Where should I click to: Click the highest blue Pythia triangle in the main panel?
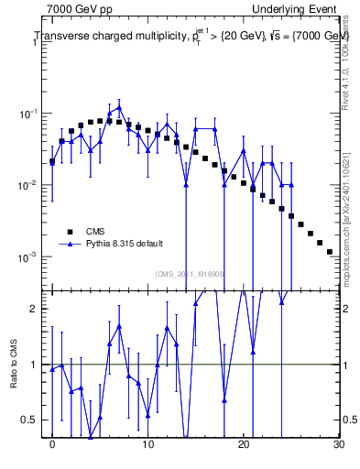[x=119, y=107]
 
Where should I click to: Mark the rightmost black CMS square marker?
[x=329, y=251]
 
